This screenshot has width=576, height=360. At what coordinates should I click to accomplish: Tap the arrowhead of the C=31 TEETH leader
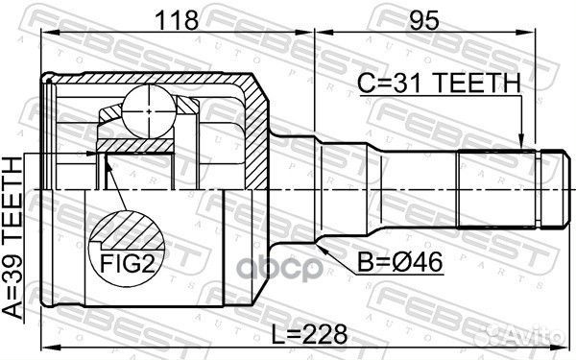pyautogui.click(x=522, y=144)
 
